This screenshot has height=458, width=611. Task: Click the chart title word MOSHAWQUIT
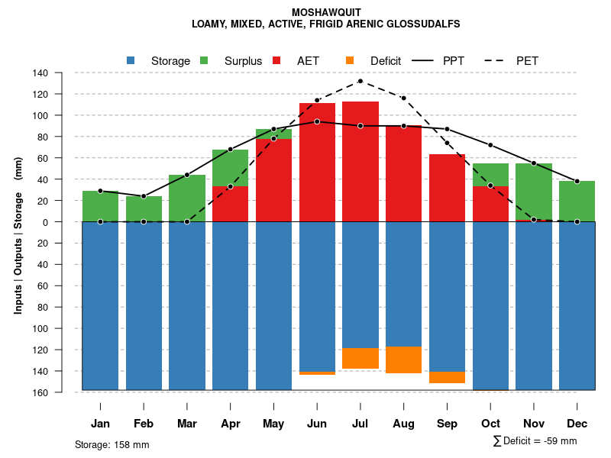pyautogui.click(x=326, y=12)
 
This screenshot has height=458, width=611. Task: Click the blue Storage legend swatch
pyautogui.click(x=131, y=60)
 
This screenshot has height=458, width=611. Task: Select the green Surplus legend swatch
pyautogui.click(x=204, y=60)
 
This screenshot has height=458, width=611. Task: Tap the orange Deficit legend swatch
pyautogui.click(x=350, y=60)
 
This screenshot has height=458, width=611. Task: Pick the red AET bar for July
pyautogui.click(x=360, y=161)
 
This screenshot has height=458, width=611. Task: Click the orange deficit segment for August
pyautogui.click(x=404, y=360)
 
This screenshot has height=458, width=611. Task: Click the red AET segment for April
pyautogui.click(x=230, y=204)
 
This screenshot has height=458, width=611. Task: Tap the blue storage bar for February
pyautogui.click(x=144, y=305)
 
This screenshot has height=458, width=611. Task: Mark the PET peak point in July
pyautogui.click(x=360, y=81)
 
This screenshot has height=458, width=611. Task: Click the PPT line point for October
pyautogui.click(x=490, y=145)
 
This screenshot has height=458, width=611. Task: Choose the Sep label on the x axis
pyautogui.click(x=448, y=424)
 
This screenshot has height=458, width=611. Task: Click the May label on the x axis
pyautogui.click(x=273, y=424)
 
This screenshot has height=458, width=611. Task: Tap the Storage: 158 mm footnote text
pyautogui.click(x=112, y=444)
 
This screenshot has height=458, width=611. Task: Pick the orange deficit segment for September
pyautogui.click(x=448, y=377)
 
